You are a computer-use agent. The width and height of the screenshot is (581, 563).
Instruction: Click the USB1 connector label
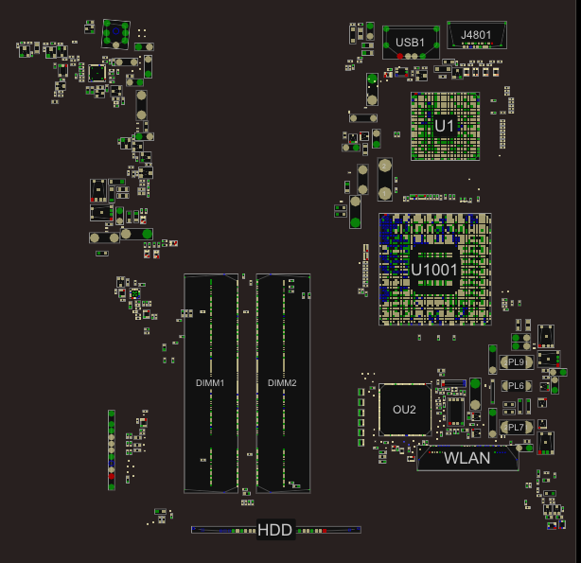tap(410, 43)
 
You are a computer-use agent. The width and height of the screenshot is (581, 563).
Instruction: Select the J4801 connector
tap(477, 35)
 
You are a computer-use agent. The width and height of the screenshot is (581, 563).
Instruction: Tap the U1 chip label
tap(444, 127)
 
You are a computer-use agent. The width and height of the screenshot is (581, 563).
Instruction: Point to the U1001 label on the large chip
tap(434, 270)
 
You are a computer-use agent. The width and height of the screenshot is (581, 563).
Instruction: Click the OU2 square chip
tap(405, 410)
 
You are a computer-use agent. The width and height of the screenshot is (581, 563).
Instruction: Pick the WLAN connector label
tap(467, 459)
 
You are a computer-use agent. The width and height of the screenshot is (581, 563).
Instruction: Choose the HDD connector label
tap(275, 530)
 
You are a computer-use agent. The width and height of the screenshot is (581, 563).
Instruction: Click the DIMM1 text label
tap(210, 383)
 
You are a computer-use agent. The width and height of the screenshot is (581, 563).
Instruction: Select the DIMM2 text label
tap(282, 383)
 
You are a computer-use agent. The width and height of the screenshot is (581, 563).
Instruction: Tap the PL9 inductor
tap(517, 362)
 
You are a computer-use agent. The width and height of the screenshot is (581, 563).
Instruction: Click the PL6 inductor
tap(517, 386)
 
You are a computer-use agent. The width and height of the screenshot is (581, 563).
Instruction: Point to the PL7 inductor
tap(517, 428)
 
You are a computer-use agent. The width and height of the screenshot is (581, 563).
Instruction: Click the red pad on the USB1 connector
tap(400, 57)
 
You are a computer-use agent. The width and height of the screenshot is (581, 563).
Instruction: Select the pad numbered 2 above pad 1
tap(384, 166)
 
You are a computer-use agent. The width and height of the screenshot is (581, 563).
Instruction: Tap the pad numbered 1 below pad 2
tap(384, 193)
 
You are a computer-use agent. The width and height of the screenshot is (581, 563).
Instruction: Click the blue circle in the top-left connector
tap(116, 31)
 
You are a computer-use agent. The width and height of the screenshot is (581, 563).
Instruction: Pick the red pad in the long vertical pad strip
tap(111, 476)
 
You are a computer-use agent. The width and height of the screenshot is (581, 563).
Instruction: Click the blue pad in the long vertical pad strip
tap(111, 464)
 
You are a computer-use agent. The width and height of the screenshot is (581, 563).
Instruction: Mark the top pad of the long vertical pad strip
tap(111, 413)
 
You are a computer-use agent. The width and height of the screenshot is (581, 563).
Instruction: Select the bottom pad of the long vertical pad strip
tap(111, 487)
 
